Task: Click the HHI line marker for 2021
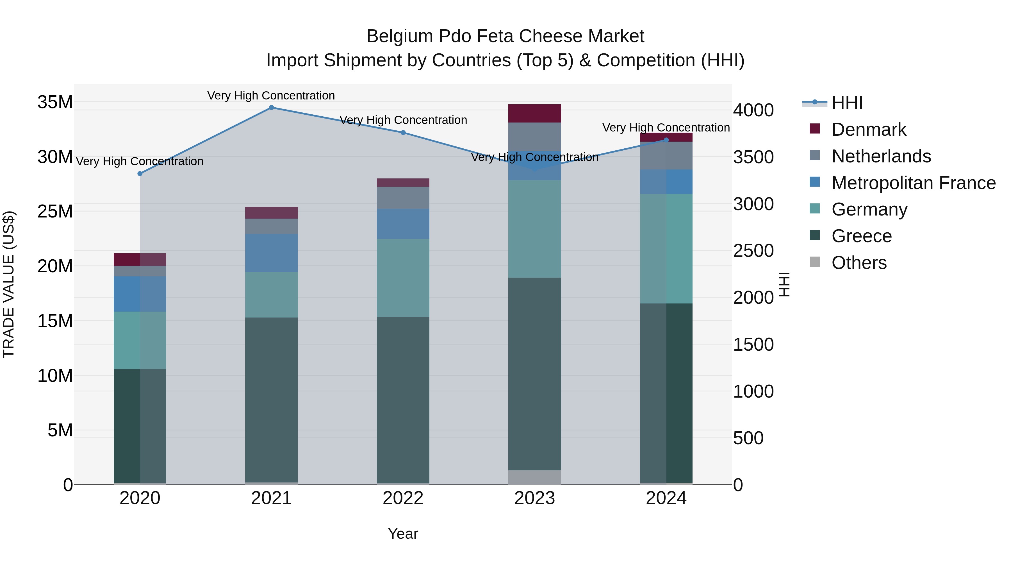click(x=271, y=108)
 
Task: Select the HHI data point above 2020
click(x=140, y=174)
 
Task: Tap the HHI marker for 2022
click(x=403, y=133)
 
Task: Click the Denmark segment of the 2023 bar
click(x=534, y=114)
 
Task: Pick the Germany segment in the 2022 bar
click(x=403, y=278)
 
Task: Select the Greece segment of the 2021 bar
click(x=271, y=400)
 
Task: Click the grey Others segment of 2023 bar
click(x=534, y=477)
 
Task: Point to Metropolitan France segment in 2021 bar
click(x=271, y=253)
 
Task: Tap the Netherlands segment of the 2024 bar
click(x=666, y=155)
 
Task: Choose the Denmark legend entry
click(x=869, y=130)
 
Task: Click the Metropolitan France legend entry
click(x=913, y=183)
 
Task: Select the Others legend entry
click(x=859, y=263)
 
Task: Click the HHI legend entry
click(x=847, y=103)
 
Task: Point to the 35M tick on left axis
click(x=55, y=102)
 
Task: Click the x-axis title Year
click(x=403, y=534)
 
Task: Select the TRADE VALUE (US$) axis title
click(x=9, y=284)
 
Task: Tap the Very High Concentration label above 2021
click(x=271, y=96)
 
